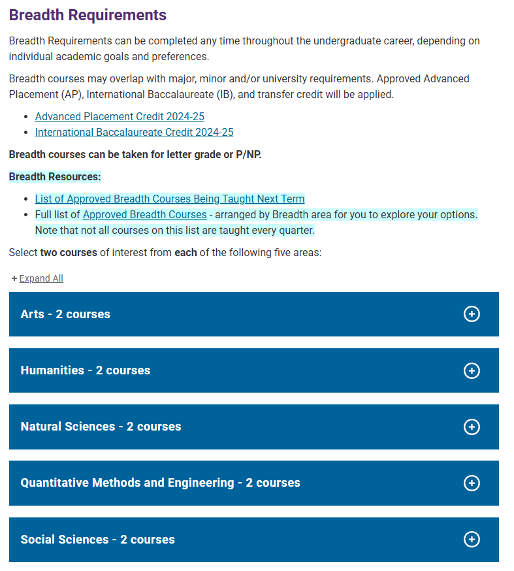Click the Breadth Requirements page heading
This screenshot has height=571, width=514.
coord(88,15)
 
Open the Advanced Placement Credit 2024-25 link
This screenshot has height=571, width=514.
coord(120,117)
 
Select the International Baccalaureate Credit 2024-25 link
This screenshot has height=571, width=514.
coord(134,133)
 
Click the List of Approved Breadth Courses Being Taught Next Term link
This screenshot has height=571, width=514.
coord(170,199)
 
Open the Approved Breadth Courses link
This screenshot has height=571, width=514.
coord(144,215)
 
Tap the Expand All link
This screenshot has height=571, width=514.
coord(41,279)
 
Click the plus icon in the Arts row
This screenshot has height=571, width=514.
coord(471,314)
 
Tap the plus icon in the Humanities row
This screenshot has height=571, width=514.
coord(471,370)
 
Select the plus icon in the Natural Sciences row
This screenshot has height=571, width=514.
coord(471,427)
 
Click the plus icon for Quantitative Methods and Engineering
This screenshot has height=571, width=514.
coord(471,483)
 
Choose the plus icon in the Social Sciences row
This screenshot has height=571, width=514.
coord(471,540)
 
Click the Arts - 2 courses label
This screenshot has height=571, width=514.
coord(65,314)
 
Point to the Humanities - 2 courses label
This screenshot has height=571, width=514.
coord(86,370)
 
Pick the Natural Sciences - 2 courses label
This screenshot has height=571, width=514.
coord(101,427)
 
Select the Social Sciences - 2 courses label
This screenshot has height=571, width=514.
coord(97,540)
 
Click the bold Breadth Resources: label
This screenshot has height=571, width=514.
coord(55,177)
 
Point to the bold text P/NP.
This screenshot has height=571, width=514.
coord(245,155)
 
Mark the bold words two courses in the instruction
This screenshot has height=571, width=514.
coord(69,253)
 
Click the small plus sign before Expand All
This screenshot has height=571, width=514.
coord(14,279)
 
